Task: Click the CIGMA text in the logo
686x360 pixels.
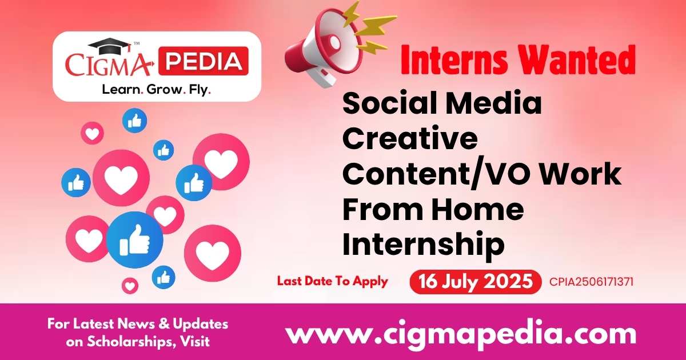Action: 109,65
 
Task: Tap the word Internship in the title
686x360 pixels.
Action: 423,245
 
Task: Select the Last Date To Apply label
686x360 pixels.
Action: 332,281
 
